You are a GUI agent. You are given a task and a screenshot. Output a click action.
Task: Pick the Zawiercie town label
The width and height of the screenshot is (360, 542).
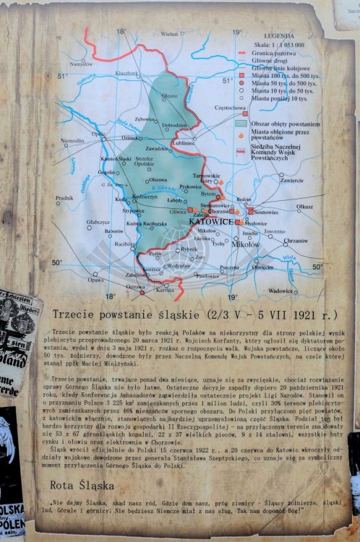(291, 179)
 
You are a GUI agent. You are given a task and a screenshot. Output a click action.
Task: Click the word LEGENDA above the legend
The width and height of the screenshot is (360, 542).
(279, 35)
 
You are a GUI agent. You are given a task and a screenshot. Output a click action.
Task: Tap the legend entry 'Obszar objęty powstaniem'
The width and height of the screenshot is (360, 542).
(285, 124)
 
